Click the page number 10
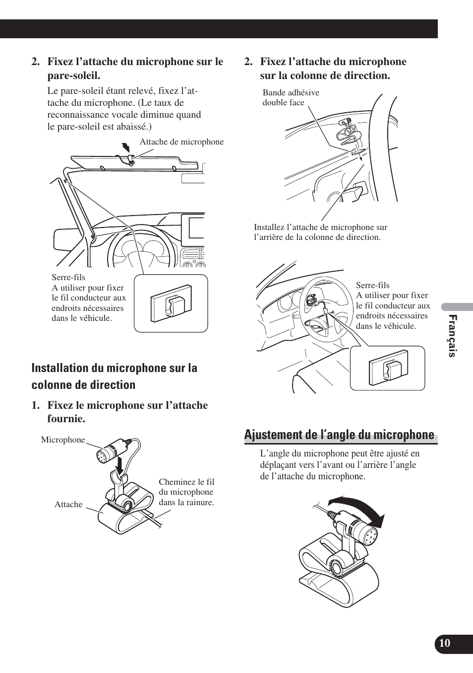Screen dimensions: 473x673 (445, 643)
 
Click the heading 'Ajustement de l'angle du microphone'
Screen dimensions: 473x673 (339, 435)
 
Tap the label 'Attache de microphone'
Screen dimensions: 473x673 (181, 142)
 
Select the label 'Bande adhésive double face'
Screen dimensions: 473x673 (291, 97)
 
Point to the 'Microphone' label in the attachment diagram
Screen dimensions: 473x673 (63, 440)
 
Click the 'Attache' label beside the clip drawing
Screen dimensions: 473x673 (68, 504)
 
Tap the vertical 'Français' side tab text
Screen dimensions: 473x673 (452, 336)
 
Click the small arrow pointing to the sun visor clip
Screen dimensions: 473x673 (126, 147)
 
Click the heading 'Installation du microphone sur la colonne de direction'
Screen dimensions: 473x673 (114, 376)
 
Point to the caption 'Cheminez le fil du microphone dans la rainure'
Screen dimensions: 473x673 (186, 492)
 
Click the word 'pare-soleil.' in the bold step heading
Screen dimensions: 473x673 (74, 76)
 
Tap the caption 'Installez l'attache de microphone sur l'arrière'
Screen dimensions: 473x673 (320, 232)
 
